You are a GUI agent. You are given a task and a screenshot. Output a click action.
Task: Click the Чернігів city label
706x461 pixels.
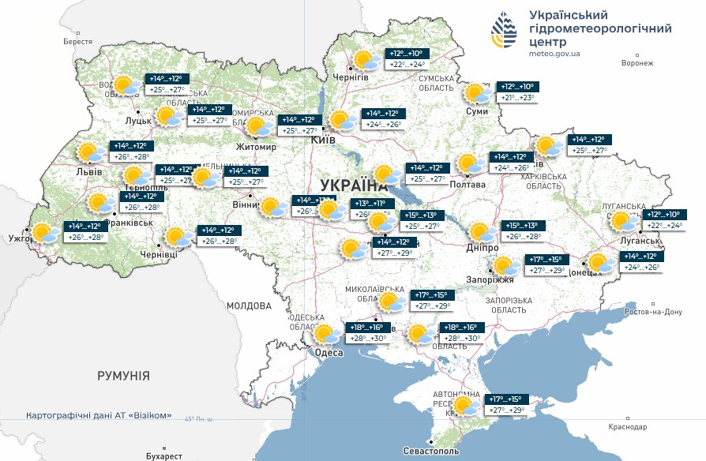(351, 77)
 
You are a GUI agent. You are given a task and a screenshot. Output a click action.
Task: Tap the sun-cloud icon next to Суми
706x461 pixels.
(477, 94)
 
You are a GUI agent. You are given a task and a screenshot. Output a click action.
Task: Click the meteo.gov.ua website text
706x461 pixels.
(554, 54)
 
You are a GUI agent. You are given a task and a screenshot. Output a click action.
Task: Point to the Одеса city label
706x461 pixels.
(329, 352)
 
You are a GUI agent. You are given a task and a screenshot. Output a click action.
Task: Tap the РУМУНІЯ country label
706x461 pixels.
(123, 376)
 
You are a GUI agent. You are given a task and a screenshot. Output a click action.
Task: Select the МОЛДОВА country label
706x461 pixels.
(249, 305)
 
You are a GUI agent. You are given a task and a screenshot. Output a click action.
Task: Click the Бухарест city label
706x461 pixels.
(164, 455)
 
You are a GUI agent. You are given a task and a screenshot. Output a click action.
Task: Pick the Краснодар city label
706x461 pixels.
(628, 427)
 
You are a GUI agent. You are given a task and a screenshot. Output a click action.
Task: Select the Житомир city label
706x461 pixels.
(257, 147)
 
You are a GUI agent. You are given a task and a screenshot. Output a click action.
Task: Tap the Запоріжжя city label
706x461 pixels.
(495, 279)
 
